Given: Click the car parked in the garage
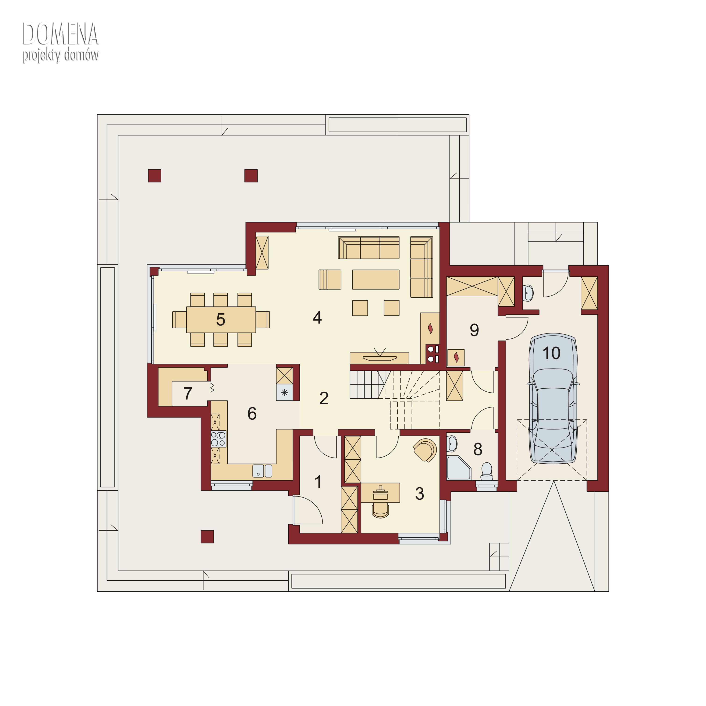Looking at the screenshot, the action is pos(553,399).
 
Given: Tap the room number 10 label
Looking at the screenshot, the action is pos(551,353).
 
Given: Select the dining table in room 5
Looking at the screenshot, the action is pos(221,319).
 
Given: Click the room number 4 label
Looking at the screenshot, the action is pos(317,318).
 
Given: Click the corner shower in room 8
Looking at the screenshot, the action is pos(458,468).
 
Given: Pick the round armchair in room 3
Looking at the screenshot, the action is pos(425,450).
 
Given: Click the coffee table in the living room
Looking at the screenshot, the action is pos(376,280).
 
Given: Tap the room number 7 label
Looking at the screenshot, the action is pos(188,394).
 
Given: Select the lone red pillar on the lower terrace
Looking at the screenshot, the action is pos(207,537).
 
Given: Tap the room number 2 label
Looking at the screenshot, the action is pos(324,398).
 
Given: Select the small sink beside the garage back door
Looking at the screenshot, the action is pos(528,293).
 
